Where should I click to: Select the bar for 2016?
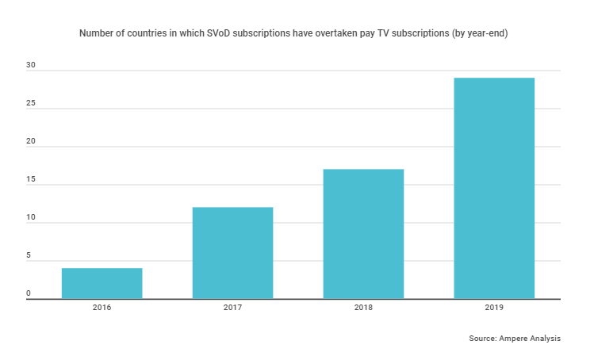102,283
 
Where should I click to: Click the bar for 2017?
232,253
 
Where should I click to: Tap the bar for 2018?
363,234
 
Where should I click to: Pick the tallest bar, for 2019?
494,188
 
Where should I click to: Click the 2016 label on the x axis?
102,307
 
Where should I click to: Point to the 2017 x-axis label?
232,307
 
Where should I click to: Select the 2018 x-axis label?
363,307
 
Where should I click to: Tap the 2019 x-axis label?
494,307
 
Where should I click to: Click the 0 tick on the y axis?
28,293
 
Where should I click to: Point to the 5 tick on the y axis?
28,255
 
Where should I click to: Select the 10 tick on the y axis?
30,217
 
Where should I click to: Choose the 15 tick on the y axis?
30,179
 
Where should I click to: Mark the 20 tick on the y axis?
30,141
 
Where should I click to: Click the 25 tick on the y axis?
30,103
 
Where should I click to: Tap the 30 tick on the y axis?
30,65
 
